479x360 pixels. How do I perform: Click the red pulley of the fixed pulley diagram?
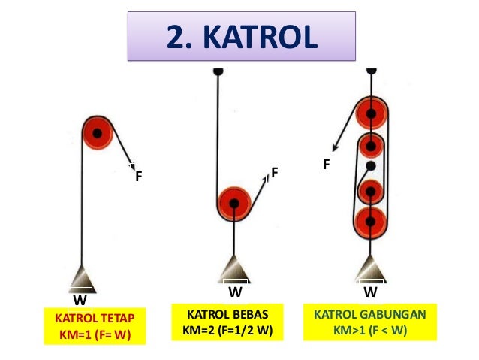point(96,135)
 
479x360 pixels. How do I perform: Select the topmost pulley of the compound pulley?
point(371,115)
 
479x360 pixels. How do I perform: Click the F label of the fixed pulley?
point(138,178)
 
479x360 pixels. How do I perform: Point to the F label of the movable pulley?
point(275,173)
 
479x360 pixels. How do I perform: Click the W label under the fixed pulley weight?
point(78,299)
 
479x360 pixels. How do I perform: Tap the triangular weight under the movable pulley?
point(235,268)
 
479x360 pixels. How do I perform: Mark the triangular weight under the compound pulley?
point(371,268)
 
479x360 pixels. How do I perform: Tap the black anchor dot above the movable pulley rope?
point(218,71)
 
